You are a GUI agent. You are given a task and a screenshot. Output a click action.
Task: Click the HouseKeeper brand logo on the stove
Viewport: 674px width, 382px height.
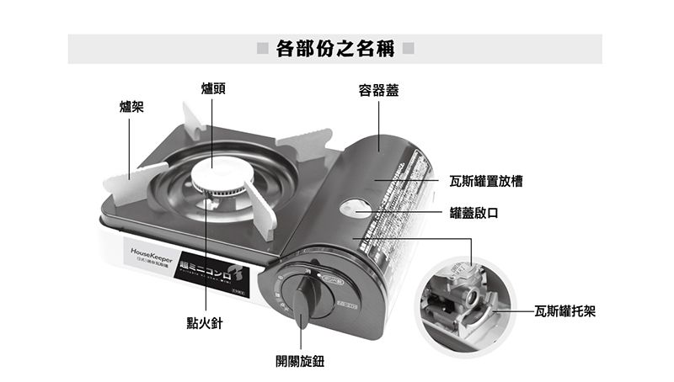pos(152,250)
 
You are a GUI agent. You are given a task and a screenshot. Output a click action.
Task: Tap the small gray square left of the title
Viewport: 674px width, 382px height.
pos(263,49)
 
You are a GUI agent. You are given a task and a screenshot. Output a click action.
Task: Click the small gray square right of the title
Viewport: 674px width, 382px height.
pos(408,49)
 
